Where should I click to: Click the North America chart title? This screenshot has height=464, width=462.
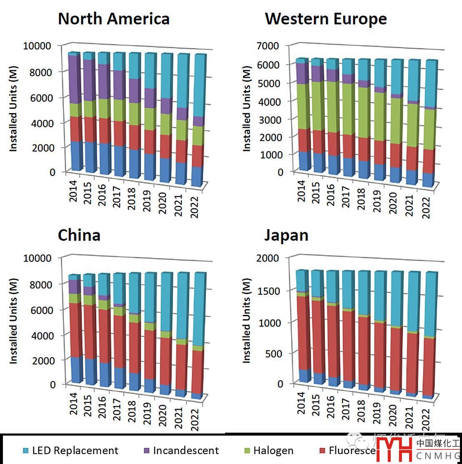coord(113,19)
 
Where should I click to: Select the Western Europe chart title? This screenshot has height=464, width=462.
coord(326,19)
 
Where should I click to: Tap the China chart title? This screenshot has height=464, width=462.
coord(79,235)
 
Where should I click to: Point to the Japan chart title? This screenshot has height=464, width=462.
coord(286,235)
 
